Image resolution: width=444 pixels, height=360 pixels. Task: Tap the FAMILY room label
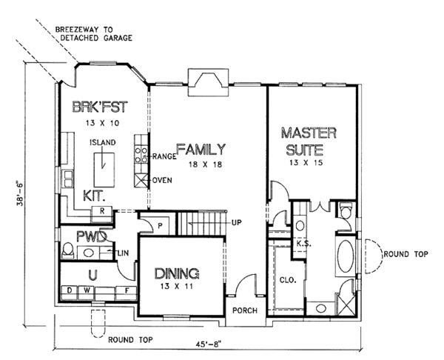pyautogui.click(x=201, y=149)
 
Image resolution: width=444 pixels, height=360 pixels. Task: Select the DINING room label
pyautogui.click(x=178, y=273)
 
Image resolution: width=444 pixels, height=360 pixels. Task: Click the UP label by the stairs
pyautogui.click(x=237, y=222)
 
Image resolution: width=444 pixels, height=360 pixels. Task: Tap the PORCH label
pyautogui.click(x=244, y=310)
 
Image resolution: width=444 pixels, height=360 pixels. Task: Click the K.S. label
pyautogui.click(x=302, y=242)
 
